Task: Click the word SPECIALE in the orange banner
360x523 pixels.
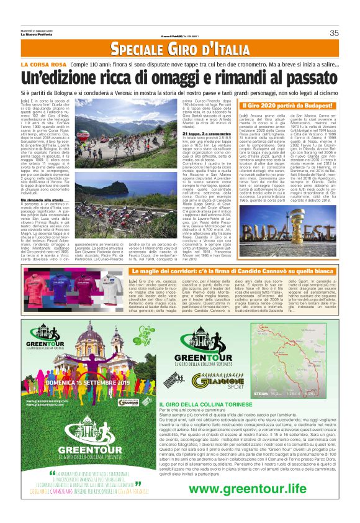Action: click(143, 50)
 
